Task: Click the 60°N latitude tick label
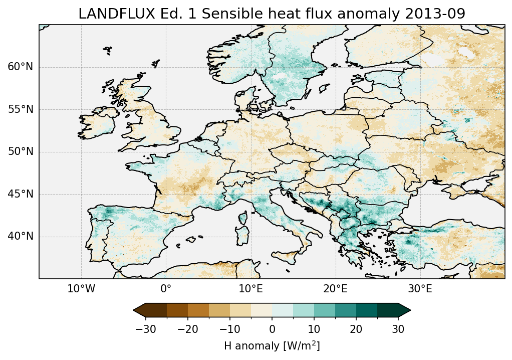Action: [21, 67]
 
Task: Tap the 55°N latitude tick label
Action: [21, 109]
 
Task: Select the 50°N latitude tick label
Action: [21, 151]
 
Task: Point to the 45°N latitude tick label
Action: [21, 194]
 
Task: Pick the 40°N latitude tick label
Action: [21, 236]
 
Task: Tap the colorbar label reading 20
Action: [356, 329]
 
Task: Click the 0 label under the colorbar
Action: [272, 329]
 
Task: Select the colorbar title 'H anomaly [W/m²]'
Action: [272, 345]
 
